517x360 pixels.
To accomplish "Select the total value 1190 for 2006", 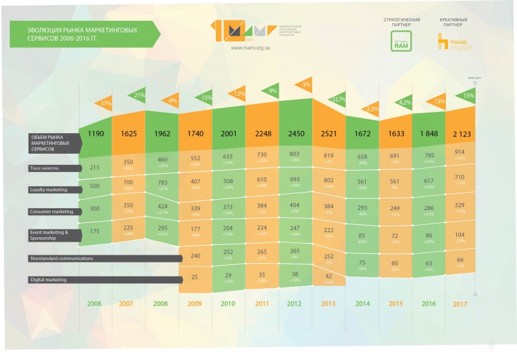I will [95, 133].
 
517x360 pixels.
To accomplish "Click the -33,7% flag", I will [337, 100].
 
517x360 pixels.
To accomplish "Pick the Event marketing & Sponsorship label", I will [48, 234].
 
